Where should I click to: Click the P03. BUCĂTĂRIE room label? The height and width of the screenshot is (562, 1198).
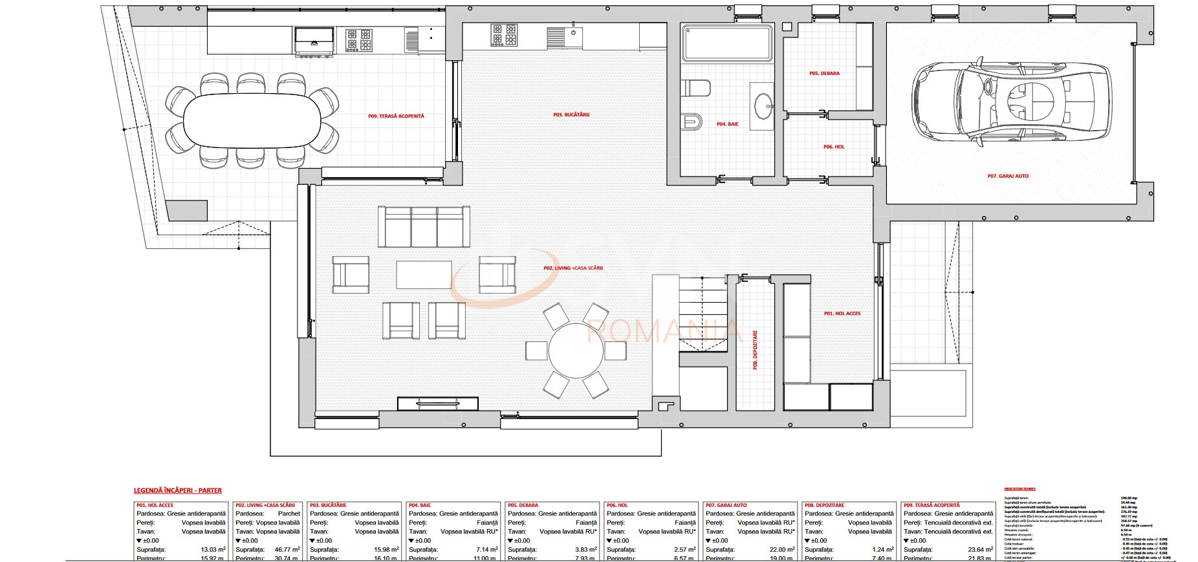pos(571,115)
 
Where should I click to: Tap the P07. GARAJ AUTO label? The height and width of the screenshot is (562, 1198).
pos(1007,176)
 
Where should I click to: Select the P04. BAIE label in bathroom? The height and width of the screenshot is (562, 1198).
pos(727,124)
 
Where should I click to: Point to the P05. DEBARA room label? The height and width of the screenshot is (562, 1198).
pos(824,74)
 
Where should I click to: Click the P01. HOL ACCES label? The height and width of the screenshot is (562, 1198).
pos(842,314)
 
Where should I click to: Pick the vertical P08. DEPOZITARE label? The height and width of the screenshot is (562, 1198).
pos(755,350)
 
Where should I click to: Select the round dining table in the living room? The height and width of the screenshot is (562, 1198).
pos(576,351)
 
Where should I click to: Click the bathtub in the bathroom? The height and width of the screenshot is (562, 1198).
pos(728,43)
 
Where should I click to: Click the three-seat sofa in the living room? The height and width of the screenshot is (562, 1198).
pos(424,227)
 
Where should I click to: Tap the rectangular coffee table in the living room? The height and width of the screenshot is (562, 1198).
pos(424,274)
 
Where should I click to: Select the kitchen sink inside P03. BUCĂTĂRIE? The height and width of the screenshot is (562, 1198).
pos(565,36)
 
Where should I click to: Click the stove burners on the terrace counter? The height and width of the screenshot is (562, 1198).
pos(359,39)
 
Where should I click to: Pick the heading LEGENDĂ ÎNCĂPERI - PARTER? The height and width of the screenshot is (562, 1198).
pos(177,491)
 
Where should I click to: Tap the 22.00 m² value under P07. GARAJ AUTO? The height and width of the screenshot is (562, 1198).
pos(781,550)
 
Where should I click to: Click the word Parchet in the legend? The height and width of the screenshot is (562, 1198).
pos(289,513)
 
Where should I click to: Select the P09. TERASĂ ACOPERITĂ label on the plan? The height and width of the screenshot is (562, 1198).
pos(396,116)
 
